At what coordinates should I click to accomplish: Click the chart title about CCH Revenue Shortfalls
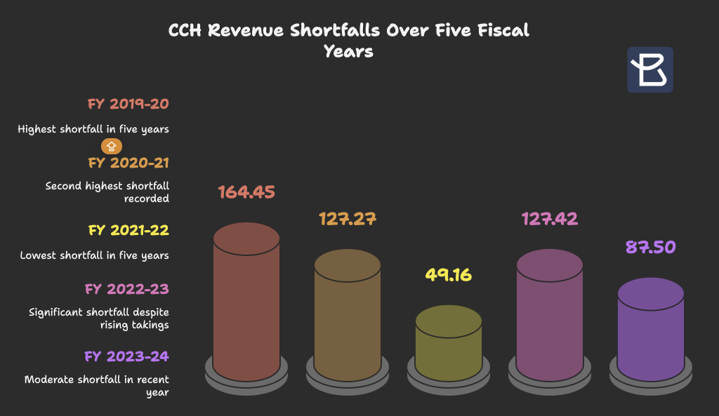[349, 41]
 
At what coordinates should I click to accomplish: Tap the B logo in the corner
[649, 69]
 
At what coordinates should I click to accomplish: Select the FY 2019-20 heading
[128, 105]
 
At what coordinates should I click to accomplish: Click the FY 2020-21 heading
[128, 163]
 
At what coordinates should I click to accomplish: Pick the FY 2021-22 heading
[128, 231]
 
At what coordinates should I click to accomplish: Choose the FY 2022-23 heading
[127, 289]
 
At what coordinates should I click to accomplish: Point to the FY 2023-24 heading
[127, 356]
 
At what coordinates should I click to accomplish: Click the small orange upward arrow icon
[112, 146]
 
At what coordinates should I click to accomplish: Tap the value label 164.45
[246, 192]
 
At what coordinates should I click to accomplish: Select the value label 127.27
[347, 218]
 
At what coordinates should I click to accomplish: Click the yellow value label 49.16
[448, 274]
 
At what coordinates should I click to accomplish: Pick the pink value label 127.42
[549, 218]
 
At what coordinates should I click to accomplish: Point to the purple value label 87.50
[650, 247]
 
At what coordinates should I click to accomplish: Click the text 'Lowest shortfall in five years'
[94, 255]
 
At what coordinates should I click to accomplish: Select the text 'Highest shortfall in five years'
[93, 129]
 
